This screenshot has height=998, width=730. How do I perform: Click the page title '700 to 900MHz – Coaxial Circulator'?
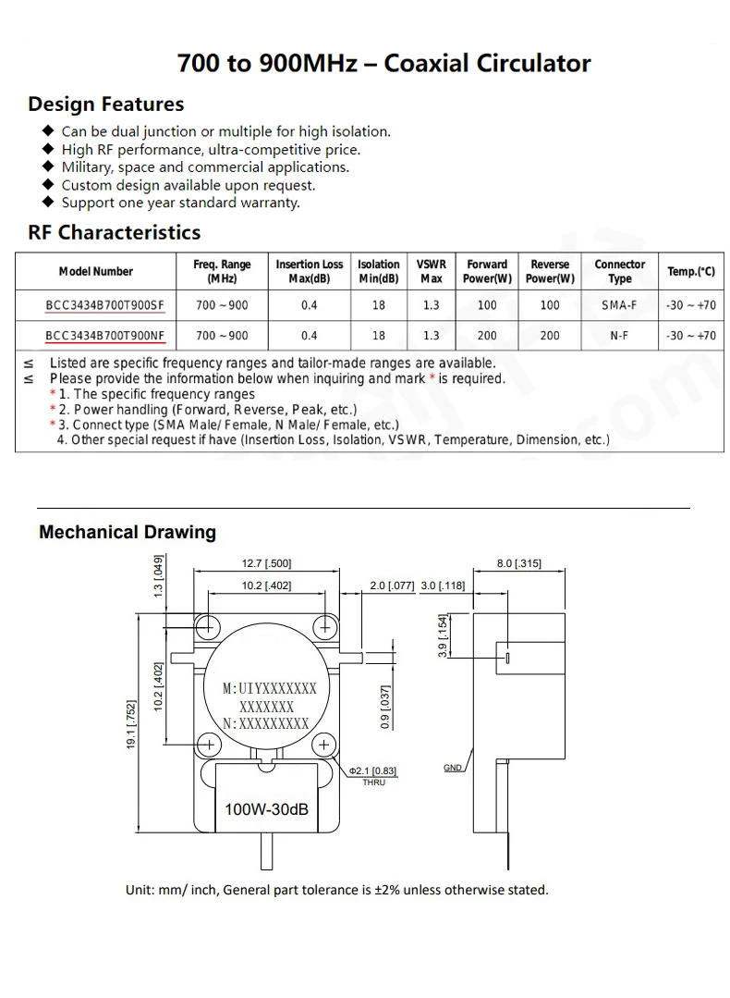[383, 63]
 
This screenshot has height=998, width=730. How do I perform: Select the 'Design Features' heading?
[106, 104]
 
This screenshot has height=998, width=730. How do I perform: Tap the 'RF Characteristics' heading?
[115, 231]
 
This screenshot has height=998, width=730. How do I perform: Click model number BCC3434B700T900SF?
[104, 305]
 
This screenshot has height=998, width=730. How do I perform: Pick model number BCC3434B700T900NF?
[104, 336]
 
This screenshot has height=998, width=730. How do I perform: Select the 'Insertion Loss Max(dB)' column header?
[310, 271]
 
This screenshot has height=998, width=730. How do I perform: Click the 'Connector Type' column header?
[619, 271]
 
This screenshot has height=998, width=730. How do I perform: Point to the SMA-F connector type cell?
[619, 305]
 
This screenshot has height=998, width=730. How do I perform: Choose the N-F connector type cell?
[619, 336]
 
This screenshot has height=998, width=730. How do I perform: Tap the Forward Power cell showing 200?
[487, 336]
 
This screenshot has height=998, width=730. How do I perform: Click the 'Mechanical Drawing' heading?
[128, 532]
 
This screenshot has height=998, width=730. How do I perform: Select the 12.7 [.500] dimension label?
[266, 563]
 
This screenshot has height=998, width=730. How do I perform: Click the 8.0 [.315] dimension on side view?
[518, 563]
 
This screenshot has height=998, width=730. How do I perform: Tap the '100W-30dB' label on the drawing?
[266, 810]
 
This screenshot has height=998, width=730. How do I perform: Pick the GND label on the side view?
[452, 768]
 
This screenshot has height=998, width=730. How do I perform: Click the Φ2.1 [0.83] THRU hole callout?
[373, 775]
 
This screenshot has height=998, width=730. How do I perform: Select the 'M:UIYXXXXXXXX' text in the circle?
[270, 689]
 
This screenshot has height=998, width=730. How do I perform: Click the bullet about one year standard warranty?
[180, 203]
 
